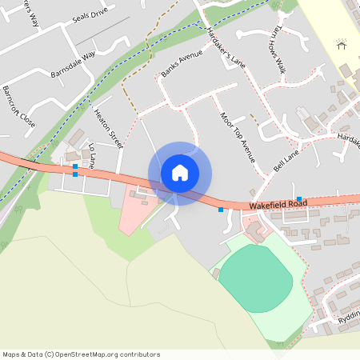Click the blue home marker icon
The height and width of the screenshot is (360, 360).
180,173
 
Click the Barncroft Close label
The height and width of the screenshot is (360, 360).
18,106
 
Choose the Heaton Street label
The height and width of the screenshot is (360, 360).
110,130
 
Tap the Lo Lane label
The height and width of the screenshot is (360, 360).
92,154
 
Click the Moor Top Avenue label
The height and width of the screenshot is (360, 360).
237,137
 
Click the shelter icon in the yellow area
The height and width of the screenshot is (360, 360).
342,45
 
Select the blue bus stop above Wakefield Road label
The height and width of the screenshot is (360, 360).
299,198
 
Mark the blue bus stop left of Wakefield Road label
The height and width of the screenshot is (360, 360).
221,210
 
